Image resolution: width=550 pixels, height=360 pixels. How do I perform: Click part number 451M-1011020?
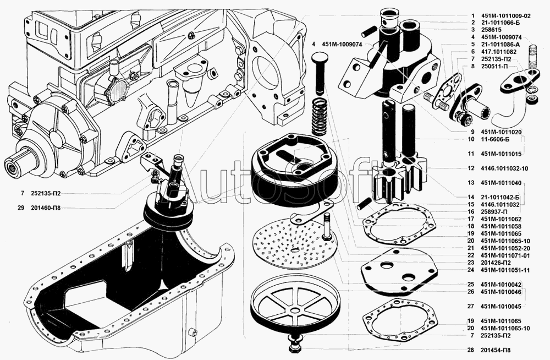[501, 132]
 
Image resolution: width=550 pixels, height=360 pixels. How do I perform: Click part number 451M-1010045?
[501, 306]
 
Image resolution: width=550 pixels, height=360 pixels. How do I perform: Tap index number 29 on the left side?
[21, 208]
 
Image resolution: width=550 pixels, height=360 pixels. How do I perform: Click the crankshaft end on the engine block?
[15, 166]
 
